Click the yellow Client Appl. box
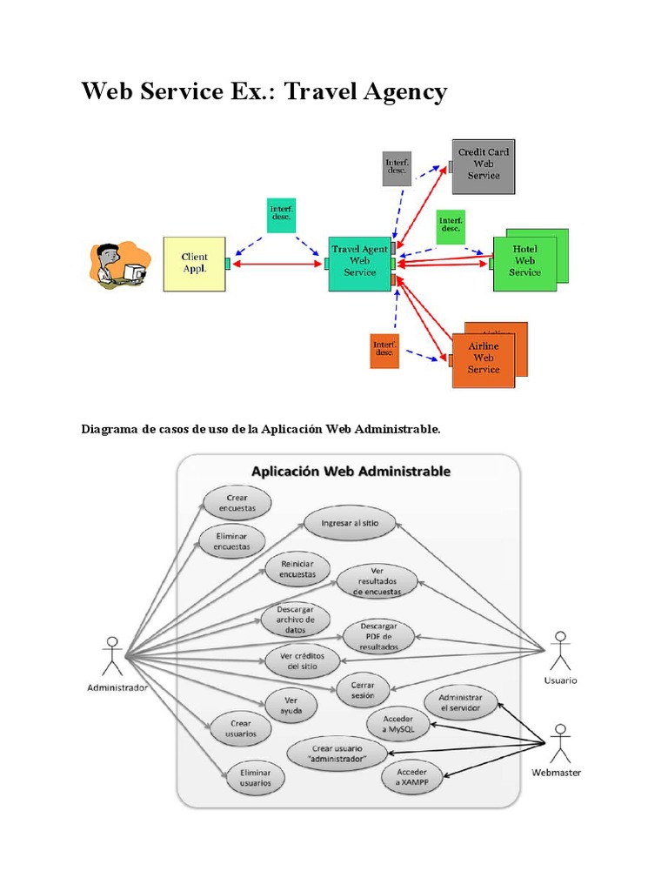click(194, 263)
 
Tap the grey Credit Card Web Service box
click(484, 164)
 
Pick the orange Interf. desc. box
click(384, 351)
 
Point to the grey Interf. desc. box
click(397, 168)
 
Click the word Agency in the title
click(397, 91)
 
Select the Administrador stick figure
click(110, 656)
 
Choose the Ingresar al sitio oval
click(350, 523)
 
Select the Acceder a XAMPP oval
click(413, 777)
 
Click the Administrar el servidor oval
click(460, 703)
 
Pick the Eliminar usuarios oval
click(250, 777)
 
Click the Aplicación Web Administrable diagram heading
click(351, 472)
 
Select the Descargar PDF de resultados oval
click(378, 637)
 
